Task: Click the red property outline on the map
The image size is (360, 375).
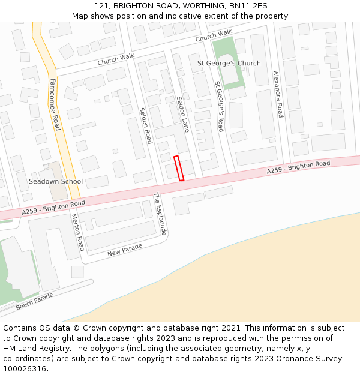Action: (x=179, y=168)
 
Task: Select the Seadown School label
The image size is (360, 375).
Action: (x=56, y=181)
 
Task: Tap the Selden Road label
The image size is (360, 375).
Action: (x=146, y=125)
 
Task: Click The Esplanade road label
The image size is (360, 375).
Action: (x=160, y=214)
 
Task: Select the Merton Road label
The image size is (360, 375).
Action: (x=77, y=232)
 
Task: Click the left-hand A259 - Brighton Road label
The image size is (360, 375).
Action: (x=53, y=208)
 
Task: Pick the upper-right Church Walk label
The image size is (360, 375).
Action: (x=214, y=36)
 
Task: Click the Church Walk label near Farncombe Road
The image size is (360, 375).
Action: (x=116, y=59)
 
